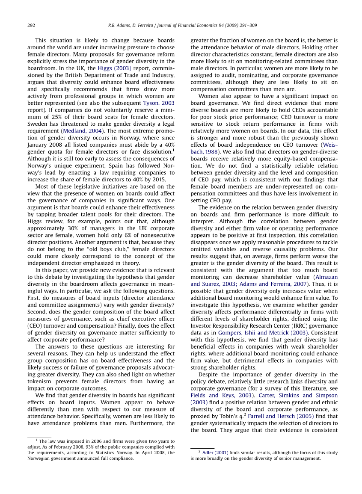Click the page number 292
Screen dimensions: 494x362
coord(31,26)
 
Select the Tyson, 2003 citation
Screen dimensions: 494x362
coord(159,103)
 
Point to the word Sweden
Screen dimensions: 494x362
coord(37,124)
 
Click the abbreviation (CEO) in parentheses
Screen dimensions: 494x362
coord(36,325)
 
